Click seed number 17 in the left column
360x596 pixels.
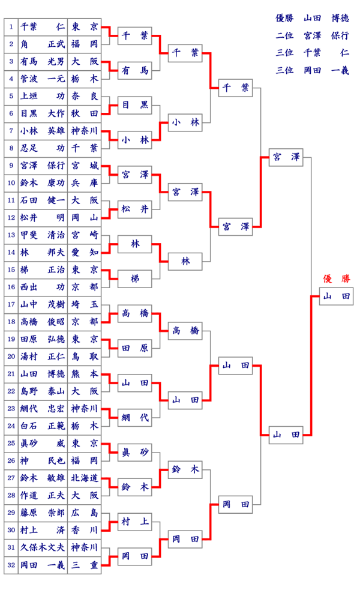coord(11,304)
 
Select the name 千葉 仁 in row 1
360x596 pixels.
coord(43,26)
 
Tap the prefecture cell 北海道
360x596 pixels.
coord(84,478)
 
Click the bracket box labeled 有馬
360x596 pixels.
coord(134,71)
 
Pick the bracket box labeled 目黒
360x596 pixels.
coord(134,105)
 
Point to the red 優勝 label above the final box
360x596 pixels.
coord(336,278)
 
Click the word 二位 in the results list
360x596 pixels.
coord(284,35)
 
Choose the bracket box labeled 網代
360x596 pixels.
coord(134,418)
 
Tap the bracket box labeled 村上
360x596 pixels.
coord(134,522)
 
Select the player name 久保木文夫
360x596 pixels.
coord(43,547)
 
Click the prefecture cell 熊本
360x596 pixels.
coord(84,373)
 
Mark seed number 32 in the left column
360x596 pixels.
coord(11,565)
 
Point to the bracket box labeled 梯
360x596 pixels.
coord(134,278)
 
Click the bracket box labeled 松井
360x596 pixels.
coord(134,209)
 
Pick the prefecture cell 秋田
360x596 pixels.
coord(84,112)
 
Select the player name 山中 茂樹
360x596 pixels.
coord(43,304)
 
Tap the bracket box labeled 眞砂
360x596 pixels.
coord(134,452)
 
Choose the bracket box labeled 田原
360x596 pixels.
coord(134,348)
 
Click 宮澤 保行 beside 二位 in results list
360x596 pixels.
coord(326,35)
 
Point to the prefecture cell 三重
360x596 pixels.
coord(84,565)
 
